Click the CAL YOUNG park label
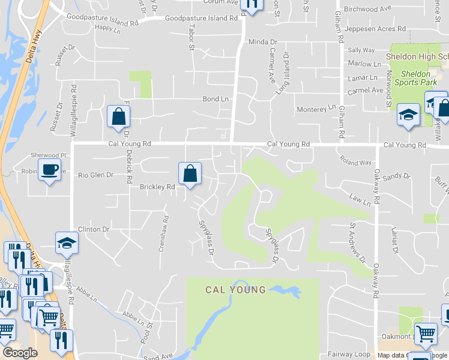235,290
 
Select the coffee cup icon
49,170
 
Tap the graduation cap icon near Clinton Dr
67,243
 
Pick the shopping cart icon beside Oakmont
426,334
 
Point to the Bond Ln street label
215,98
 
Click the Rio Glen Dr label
95,175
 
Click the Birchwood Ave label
370,9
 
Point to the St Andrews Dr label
358,243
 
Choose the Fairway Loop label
349,354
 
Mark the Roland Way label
355,162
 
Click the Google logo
20,353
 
